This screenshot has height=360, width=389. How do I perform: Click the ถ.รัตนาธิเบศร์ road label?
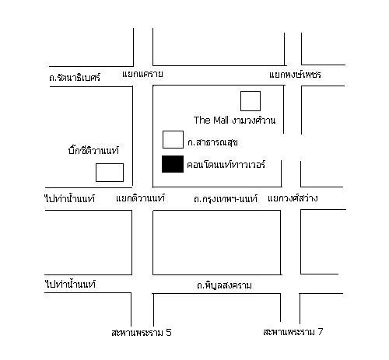(x=75, y=77)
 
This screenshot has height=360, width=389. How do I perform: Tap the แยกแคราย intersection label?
(x=142, y=74)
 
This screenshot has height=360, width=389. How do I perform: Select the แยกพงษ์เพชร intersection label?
(x=295, y=75)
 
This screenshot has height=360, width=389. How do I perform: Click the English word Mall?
(x=220, y=121)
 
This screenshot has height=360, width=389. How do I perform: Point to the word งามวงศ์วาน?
(x=254, y=121)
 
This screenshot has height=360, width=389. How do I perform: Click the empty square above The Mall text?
(x=251, y=101)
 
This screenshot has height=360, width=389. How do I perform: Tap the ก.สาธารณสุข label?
(x=212, y=142)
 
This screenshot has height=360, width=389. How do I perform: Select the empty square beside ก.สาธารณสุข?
(x=173, y=140)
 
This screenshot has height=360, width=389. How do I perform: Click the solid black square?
(x=173, y=164)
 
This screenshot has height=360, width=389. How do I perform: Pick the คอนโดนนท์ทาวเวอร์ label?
(x=226, y=165)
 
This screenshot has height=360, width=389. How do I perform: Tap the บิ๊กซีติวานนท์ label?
(x=93, y=150)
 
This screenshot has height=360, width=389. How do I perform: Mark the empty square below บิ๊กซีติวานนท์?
(x=110, y=173)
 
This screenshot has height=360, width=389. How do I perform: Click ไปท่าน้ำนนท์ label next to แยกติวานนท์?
(x=70, y=199)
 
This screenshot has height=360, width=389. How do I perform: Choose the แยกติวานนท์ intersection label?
(x=140, y=198)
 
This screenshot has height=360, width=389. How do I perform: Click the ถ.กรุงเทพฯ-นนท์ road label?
(x=226, y=199)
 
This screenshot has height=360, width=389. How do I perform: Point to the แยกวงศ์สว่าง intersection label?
(x=293, y=198)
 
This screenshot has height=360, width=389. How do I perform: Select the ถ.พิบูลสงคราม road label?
(x=224, y=285)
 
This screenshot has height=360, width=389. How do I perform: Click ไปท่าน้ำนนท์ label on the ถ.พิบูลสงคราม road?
(x=71, y=285)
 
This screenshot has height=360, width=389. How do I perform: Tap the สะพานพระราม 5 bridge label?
(x=142, y=333)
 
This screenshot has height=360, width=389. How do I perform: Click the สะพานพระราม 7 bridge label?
(x=293, y=332)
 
